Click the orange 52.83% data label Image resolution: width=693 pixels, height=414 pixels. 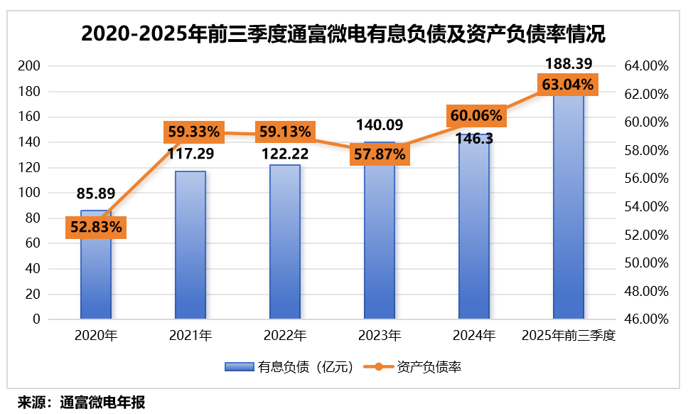pyautogui.click(x=96, y=227)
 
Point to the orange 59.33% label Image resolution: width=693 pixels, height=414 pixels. pyautogui.click(x=194, y=132)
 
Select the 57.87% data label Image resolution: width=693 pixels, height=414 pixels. pyautogui.click(x=379, y=154)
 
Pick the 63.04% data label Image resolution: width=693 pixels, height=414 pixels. pyautogui.click(x=567, y=85)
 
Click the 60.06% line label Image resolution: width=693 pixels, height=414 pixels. pyautogui.click(x=475, y=115)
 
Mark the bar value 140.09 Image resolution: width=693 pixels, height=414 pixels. pyautogui.click(x=379, y=126)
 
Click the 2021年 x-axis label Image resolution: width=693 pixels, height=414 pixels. pyautogui.click(x=190, y=336)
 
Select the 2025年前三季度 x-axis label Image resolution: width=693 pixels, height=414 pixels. pyautogui.click(x=568, y=336)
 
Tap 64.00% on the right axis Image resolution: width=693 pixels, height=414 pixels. pyautogui.click(x=646, y=66)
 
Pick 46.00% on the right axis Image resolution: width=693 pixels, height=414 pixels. pyautogui.click(x=646, y=319)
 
